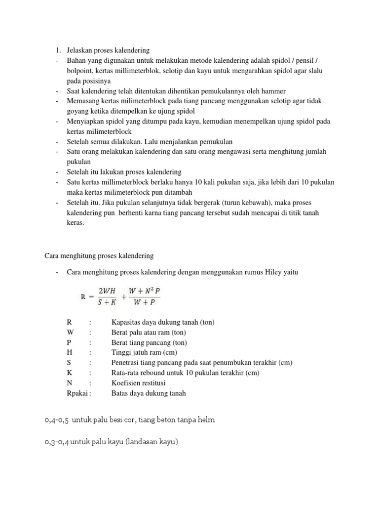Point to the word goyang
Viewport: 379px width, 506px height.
coord(79,111)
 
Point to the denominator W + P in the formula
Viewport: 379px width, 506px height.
coord(144,302)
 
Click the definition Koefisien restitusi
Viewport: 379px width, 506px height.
coord(139,383)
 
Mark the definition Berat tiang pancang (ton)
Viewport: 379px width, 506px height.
coord(149,342)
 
